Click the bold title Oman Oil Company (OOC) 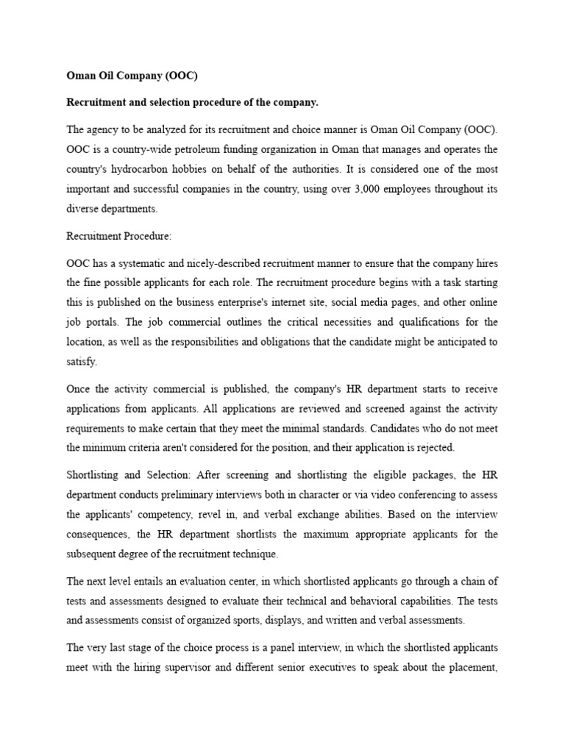pyautogui.click(x=132, y=75)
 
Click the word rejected pyautogui.click(x=435, y=446)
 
